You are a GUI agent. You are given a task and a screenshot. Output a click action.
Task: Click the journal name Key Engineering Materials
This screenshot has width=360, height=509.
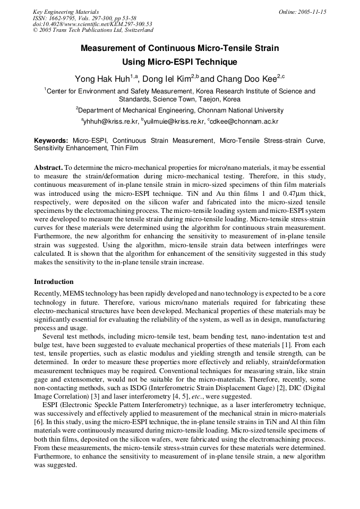click(x=66, y=12)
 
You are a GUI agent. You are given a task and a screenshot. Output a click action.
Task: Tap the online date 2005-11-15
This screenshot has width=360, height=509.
click(x=302, y=12)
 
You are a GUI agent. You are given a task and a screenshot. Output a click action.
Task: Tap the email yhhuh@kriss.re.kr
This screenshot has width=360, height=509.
click(x=111, y=122)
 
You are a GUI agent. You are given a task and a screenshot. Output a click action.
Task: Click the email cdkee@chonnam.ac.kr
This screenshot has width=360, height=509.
click(x=244, y=122)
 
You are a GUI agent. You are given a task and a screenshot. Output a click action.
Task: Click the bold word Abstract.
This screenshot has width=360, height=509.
click(x=49, y=167)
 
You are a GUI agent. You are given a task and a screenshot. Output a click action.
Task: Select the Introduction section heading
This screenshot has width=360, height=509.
click(x=54, y=282)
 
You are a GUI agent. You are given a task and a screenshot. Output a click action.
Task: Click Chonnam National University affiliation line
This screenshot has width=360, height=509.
click(x=179, y=110)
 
